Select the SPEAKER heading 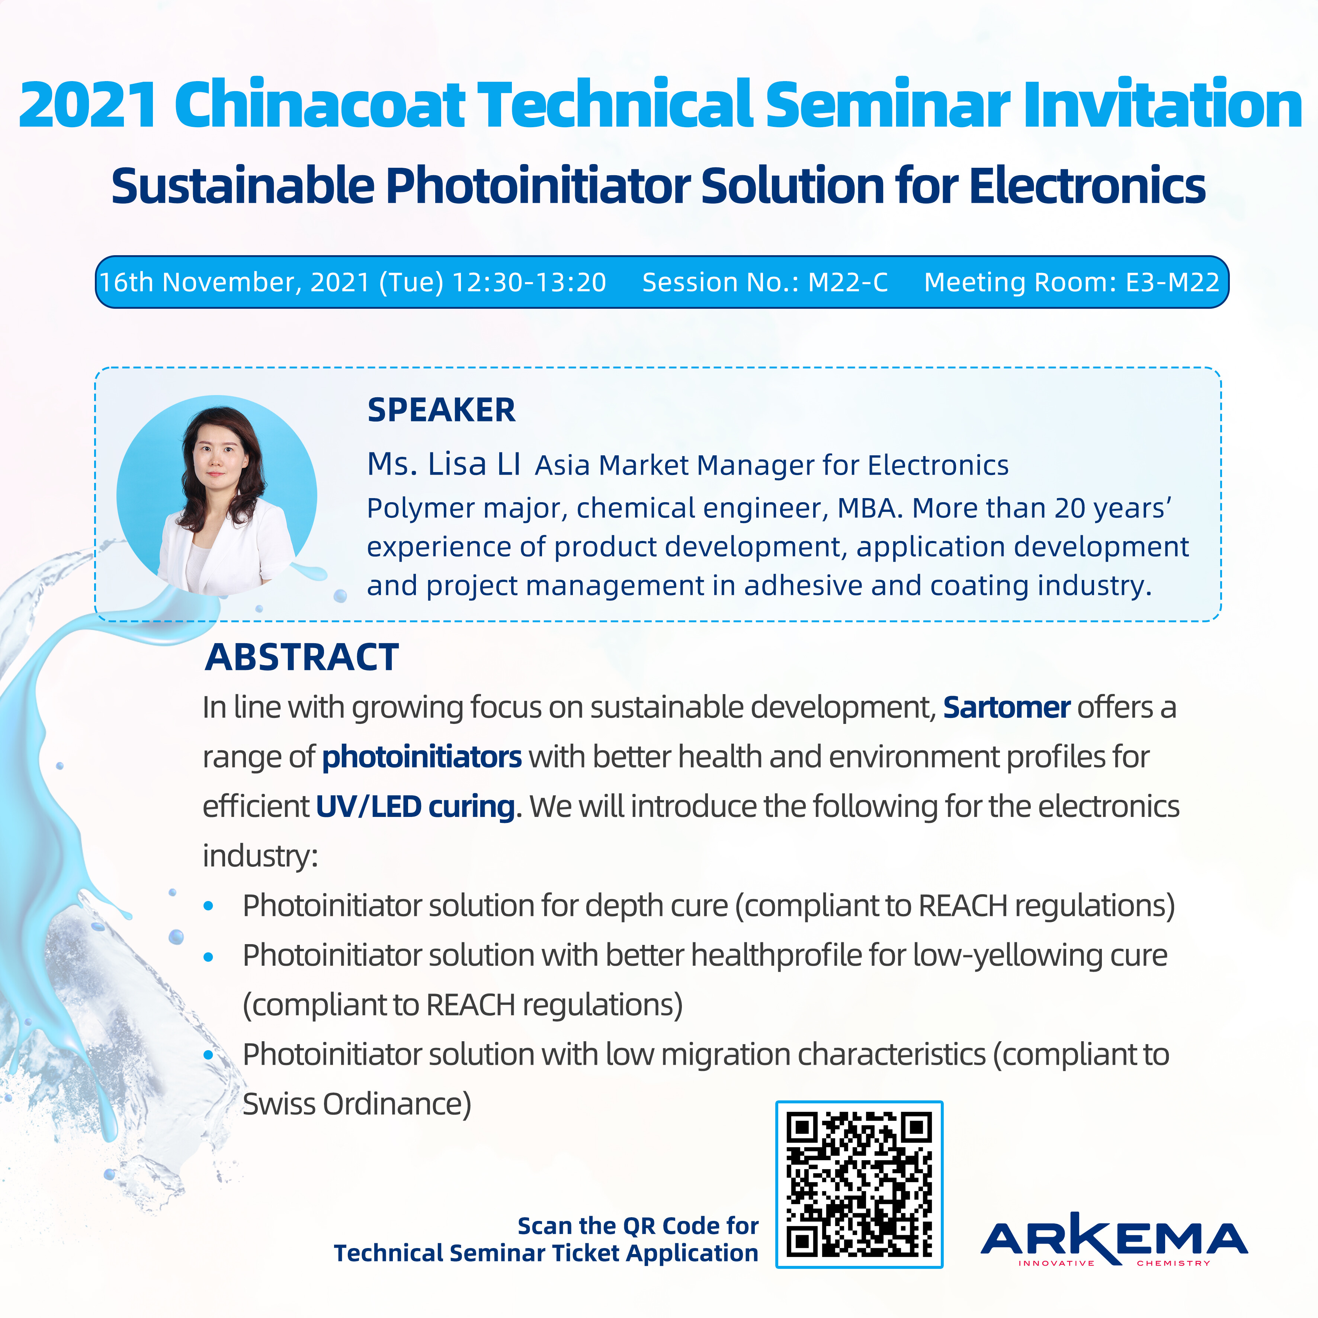click(x=442, y=410)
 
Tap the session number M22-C click(x=848, y=282)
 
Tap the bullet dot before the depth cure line click(x=209, y=906)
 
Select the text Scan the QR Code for click(x=638, y=1225)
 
